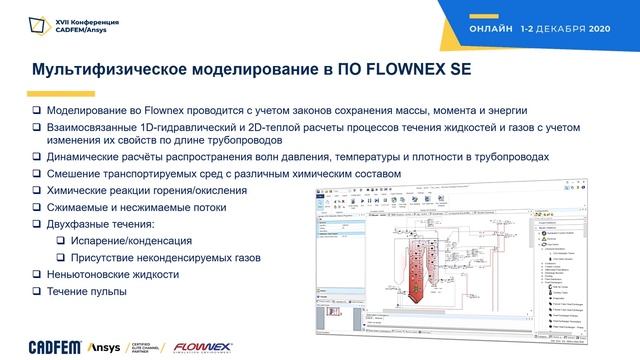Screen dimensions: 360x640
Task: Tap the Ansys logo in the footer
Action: [x=83, y=348]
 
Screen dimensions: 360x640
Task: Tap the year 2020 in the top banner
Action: [x=607, y=30]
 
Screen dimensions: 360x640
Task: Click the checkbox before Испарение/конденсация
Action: [x=62, y=241]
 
